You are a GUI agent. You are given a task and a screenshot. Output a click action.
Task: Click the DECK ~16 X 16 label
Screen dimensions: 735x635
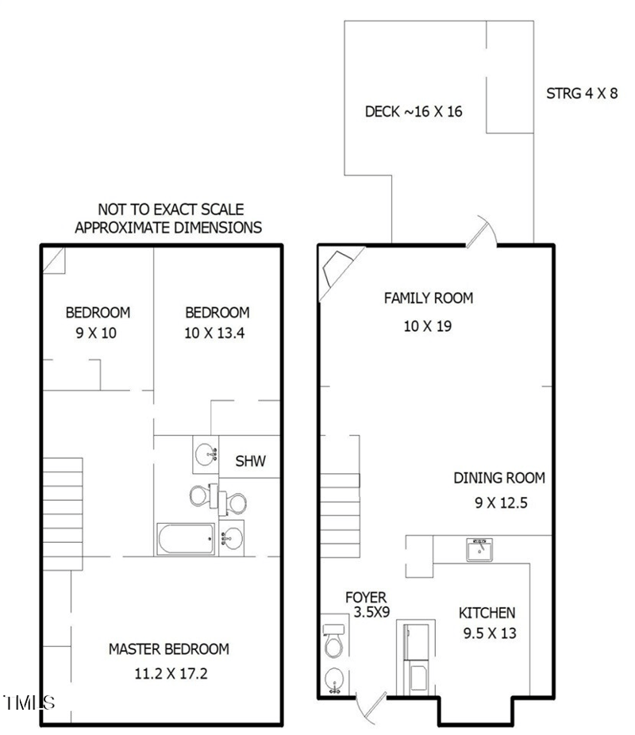tap(413, 112)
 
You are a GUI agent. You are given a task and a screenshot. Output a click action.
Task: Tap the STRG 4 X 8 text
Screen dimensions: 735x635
tap(582, 94)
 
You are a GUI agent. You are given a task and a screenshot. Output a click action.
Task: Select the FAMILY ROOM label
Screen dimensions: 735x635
tap(428, 298)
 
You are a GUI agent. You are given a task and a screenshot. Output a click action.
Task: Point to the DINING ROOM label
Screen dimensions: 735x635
tap(499, 478)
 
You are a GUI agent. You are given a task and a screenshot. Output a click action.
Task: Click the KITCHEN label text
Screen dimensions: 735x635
tap(487, 613)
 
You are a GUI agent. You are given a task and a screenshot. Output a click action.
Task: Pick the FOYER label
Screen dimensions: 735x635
tap(365, 597)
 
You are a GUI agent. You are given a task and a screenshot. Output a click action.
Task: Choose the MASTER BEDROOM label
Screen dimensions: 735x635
tap(168, 649)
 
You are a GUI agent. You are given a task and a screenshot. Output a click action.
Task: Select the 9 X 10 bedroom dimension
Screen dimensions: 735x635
tap(97, 333)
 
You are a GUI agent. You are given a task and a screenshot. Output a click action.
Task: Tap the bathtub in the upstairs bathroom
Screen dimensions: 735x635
tap(184, 540)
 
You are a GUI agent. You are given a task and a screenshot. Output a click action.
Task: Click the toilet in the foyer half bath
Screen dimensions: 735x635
tap(333, 641)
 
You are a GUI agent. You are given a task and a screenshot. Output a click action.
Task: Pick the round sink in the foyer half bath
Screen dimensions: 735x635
tap(333, 679)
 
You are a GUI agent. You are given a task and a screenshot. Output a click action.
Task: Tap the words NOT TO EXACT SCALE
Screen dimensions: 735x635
tap(170, 210)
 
